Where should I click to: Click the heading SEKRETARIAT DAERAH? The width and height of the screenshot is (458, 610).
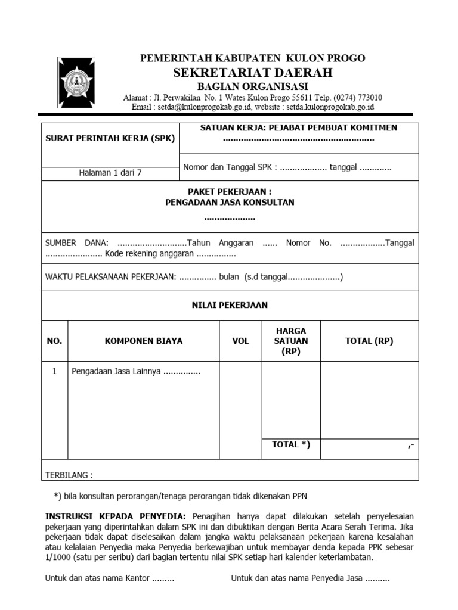252,73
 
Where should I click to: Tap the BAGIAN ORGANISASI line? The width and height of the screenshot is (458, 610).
252,86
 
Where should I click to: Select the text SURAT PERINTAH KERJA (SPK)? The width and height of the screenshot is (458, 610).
110,138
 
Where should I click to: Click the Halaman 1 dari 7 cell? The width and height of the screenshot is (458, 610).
110,173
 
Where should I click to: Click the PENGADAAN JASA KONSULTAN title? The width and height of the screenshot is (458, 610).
230,203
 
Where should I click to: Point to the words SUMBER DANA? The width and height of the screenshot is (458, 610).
77,243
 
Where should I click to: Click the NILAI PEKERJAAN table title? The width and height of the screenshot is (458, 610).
230,305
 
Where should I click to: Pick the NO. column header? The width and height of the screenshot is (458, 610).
54,341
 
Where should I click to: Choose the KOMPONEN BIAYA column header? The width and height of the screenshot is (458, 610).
144,341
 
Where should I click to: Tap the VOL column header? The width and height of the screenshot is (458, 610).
241,341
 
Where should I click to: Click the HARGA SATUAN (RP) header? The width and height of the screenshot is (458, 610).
291,341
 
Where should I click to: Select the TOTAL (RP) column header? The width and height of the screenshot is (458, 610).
369,341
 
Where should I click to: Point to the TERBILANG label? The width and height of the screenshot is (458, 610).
69,475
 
